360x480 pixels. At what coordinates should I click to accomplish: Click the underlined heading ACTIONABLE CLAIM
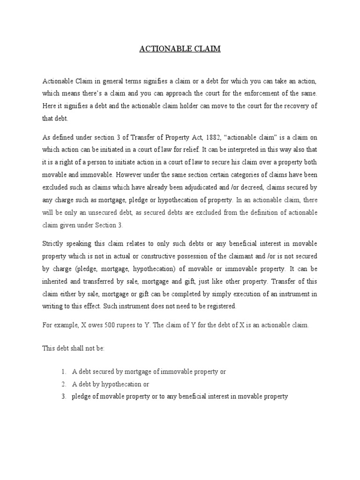pyautogui.click(x=180, y=49)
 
